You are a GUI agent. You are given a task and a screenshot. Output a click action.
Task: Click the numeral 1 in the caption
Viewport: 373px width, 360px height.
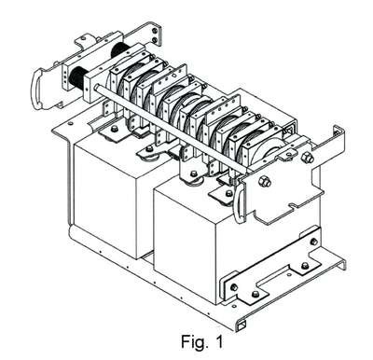coord(219,341)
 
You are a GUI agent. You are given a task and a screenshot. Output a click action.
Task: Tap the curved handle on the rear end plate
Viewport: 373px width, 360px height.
coord(35,89)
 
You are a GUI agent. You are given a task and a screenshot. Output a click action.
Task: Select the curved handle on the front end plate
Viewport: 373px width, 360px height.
coord(239,202)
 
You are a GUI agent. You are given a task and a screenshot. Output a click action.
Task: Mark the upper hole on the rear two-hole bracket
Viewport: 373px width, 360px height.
coord(155,30)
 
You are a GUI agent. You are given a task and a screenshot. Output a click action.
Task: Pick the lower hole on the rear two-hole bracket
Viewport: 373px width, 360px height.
coord(155,39)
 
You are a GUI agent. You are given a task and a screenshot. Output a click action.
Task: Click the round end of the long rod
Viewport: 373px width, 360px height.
coord(97,87)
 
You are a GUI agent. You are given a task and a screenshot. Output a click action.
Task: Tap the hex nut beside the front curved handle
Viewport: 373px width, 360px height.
coord(265,181)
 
